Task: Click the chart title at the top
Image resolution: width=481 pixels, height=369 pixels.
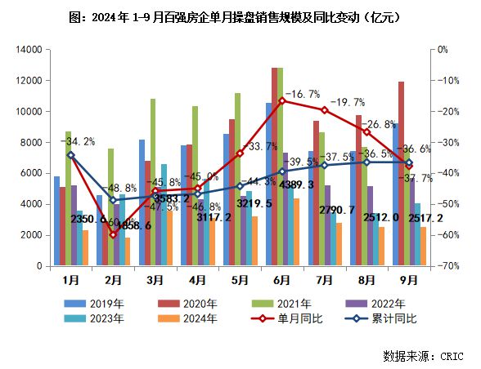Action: (x=240, y=17)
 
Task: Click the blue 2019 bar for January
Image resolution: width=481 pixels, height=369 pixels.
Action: (x=56, y=221)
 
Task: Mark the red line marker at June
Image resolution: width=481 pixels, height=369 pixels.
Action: (x=281, y=100)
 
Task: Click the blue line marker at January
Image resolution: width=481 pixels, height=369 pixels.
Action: (x=70, y=154)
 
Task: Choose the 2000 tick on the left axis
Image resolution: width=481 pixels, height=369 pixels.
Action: (x=31, y=235)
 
